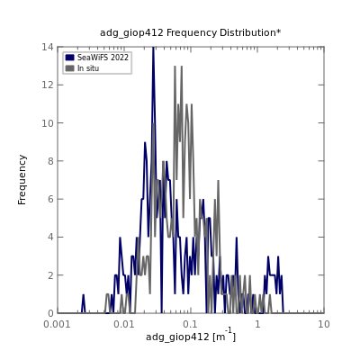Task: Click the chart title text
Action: tap(191, 32)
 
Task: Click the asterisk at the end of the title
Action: tap(279, 31)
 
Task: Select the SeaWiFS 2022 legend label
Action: tap(103, 58)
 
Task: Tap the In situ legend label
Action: tap(88, 68)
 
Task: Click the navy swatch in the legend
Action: tap(69, 58)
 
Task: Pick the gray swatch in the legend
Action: tap(69, 68)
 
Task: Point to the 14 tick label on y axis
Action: tap(48, 47)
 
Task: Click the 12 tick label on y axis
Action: tap(48, 85)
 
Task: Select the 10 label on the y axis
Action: tap(48, 123)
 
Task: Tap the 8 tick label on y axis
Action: tap(50, 161)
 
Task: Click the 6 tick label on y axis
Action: tap(50, 199)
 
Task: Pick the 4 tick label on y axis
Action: tap(50, 237)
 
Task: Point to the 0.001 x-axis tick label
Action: tap(58, 324)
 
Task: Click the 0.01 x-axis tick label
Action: tap(124, 324)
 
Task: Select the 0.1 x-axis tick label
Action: tap(191, 324)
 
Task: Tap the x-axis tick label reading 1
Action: tap(257, 324)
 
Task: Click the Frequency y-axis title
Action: tap(22, 180)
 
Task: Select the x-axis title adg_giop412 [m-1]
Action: tap(191, 336)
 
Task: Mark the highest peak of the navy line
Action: tap(153, 48)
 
